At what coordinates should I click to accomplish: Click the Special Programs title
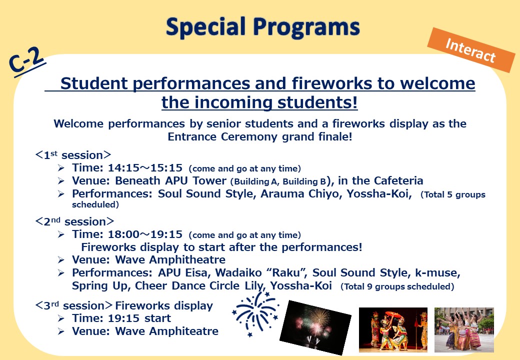click(x=263, y=27)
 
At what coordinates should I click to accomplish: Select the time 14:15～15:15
click(x=145, y=167)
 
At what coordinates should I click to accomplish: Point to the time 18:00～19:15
click(x=145, y=234)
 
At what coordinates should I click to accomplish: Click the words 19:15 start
click(x=139, y=318)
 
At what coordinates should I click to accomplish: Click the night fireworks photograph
click(x=315, y=327)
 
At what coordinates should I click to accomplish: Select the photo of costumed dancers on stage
click(x=393, y=329)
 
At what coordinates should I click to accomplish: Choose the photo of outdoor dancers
click(x=464, y=329)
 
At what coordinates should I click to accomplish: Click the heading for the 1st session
click(x=73, y=155)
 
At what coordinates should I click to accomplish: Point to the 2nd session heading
click(x=74, y=221)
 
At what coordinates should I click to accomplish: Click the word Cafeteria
click(x=398, y=180)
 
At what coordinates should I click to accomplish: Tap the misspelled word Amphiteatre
click(x=183, y=331)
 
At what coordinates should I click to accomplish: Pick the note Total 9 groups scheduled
click(x=397, y=286)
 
